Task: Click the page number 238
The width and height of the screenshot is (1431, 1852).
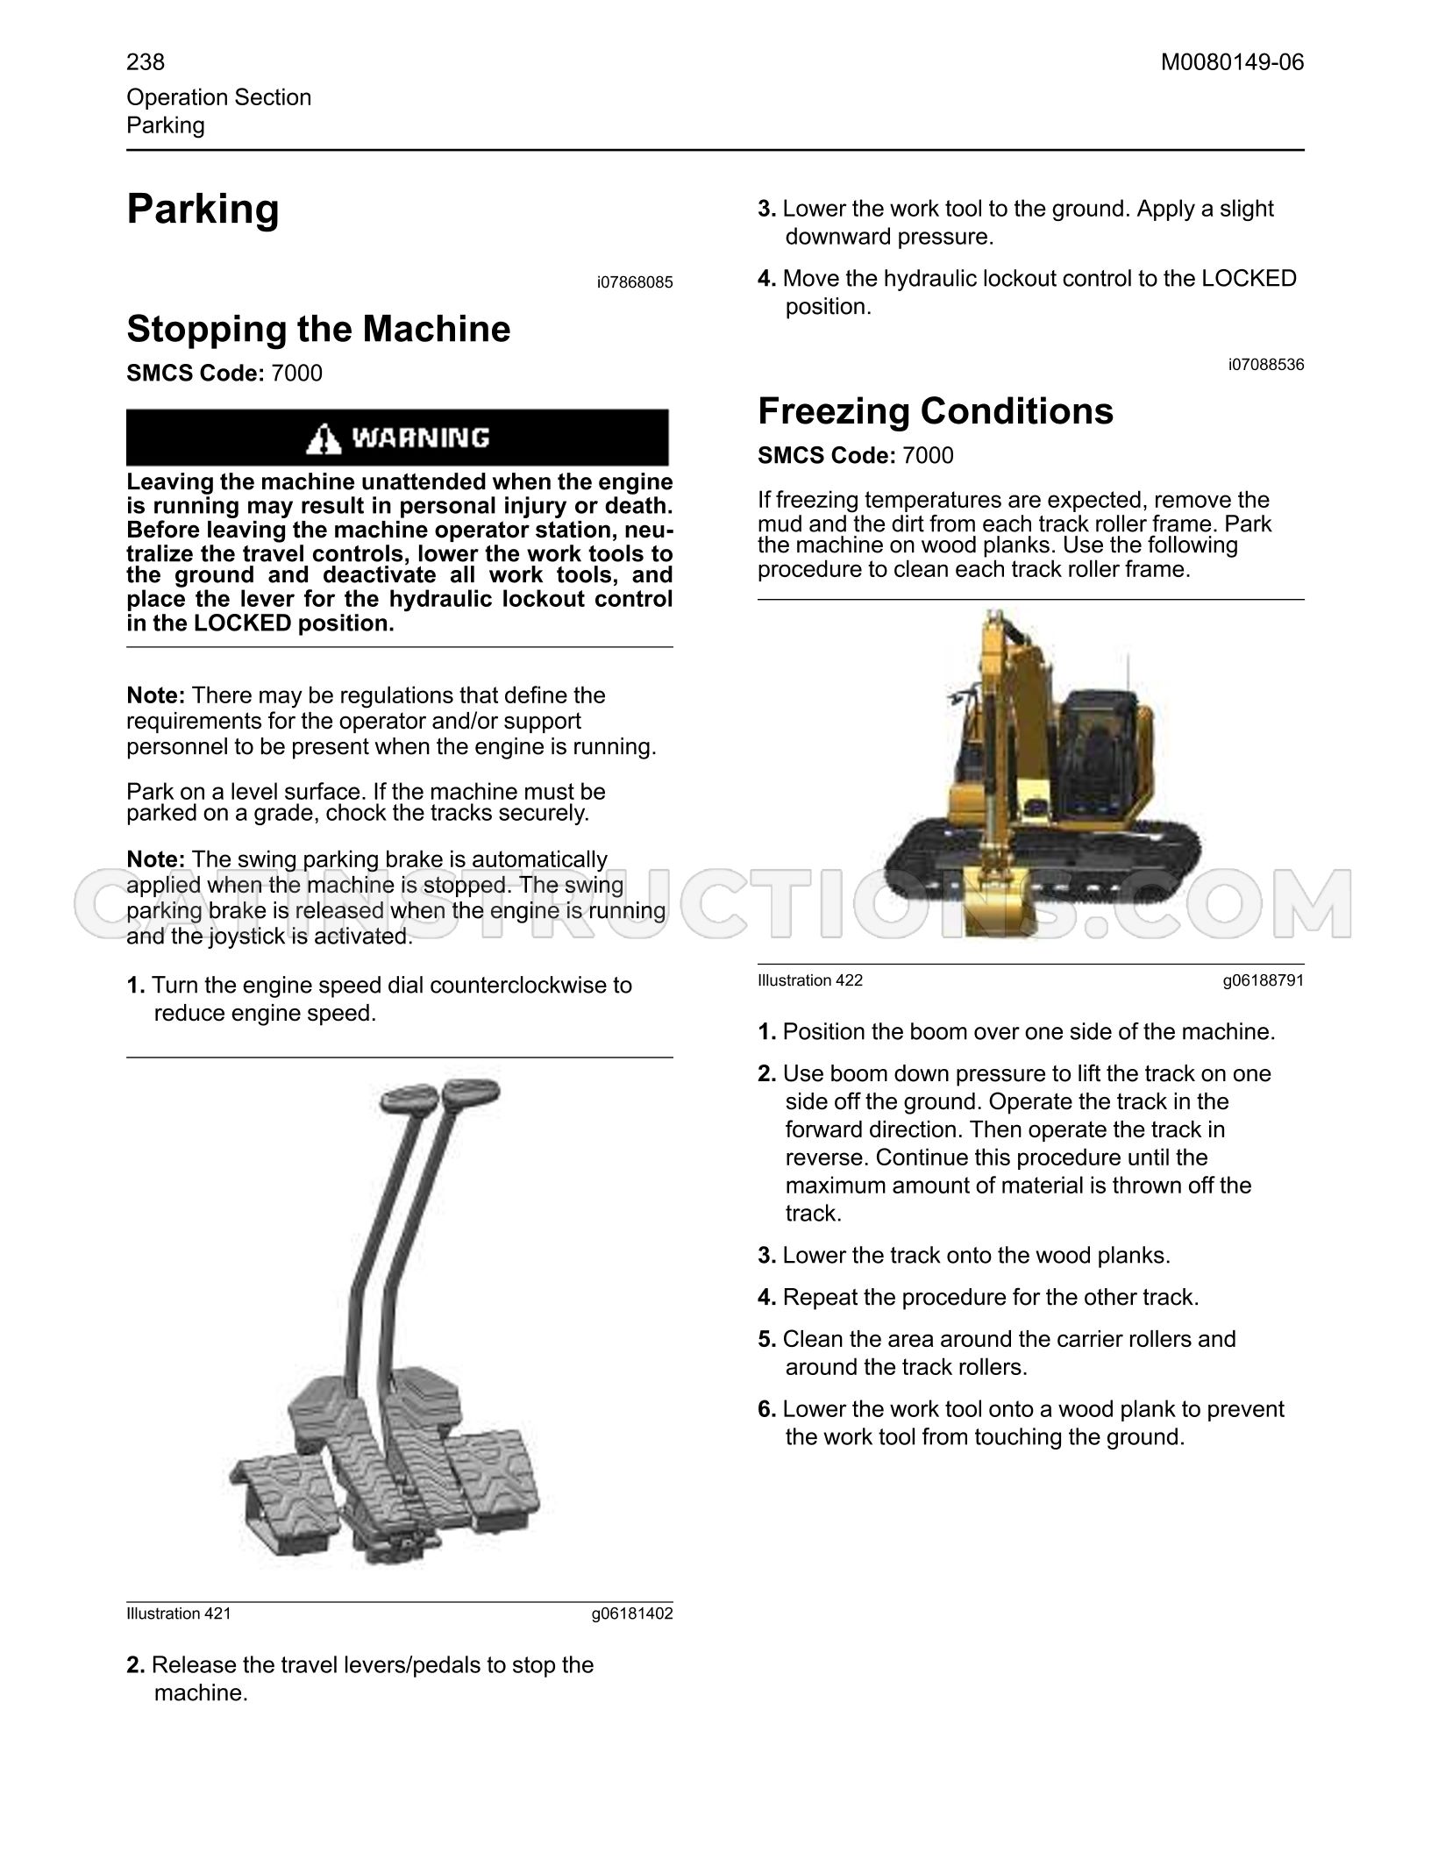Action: pyautogui.click(x=146, y=62)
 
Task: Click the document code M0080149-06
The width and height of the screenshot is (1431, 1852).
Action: pyautogui.click(x=1232, y=62)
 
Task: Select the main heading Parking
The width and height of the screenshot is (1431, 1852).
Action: pyautogui.click(x=203, y=210)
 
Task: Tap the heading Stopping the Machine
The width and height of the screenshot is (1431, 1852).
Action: pyautogui.click(x=318, y=330)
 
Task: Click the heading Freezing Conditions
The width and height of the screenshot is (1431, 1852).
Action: pyautogui.click(x=936, y=411)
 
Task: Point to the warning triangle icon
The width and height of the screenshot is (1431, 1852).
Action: pyautogui.click(x=324, y=438)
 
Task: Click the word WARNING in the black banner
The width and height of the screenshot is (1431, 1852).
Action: pyautogui.click(x=421, y=438)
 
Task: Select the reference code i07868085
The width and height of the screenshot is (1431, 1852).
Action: pyautogui.click(x=635, y=282)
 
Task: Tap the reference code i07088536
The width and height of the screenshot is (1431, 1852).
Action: pyautogui.click(x=1266, y=365)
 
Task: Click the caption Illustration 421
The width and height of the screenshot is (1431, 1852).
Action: pyautogui.click(x=179, y=1613)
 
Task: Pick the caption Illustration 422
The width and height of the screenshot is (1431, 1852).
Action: pyautogui.click(x=810, y=980)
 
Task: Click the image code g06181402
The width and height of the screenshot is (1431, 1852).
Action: pyautogui.click(x=632, y=1613)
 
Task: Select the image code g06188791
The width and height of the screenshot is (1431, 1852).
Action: pyautogui.click(x=1264, y=980)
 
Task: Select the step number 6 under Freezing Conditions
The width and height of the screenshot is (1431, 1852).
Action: pyautogui.click(x=767, y=1409)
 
